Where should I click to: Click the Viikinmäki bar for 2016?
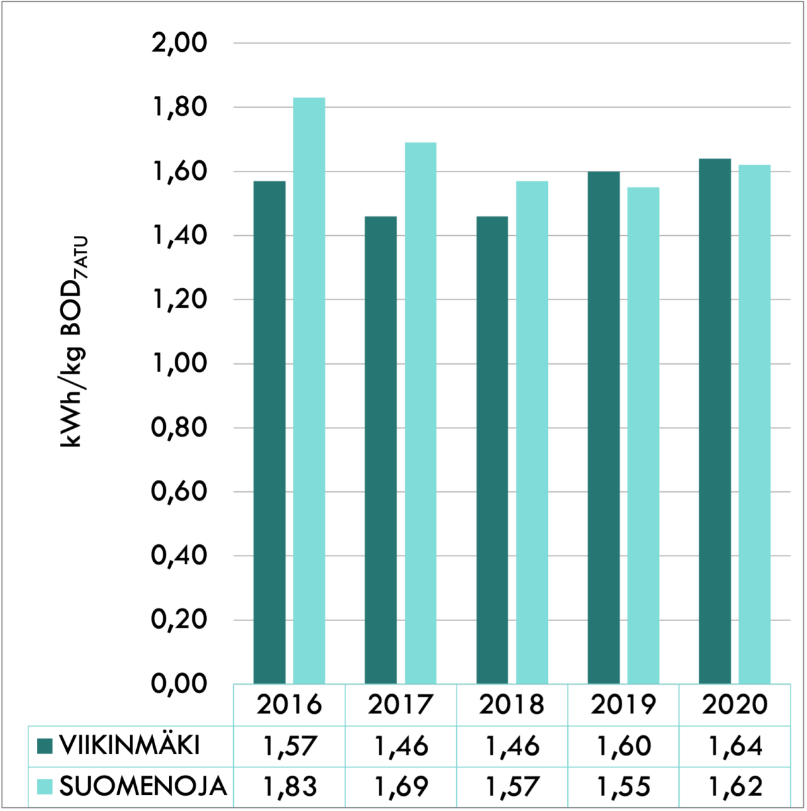269,432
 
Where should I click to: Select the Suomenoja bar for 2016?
309,390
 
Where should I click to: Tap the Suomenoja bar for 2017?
421,413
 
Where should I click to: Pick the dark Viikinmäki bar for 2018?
492,450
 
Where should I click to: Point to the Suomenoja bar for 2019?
643,435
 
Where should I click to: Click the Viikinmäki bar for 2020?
715,421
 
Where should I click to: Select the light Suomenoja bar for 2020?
755,424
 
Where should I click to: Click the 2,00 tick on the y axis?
180,43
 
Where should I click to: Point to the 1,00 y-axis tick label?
180,363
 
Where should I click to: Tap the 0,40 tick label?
180,556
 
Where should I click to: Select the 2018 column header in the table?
511,704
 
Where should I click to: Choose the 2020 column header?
734,704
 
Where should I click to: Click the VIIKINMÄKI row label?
129,746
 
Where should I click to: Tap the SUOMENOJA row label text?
143,786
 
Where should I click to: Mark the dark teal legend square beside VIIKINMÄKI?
45,746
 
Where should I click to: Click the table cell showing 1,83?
289,786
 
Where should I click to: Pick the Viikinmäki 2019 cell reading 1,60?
623,746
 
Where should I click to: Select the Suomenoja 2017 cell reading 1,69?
401,786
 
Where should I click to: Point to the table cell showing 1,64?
734,746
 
